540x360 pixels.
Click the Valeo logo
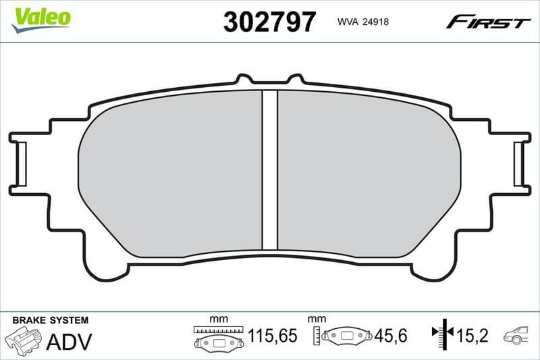tap(40, 18)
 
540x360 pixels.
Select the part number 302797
tap(269, 22)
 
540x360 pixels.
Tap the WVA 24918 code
tap(362, 22)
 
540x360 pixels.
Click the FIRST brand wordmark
tap(488, 22)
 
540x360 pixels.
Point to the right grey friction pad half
tap(368, 172)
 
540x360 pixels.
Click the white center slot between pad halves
tap(269, 169)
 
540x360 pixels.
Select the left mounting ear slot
tap(21, 164)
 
